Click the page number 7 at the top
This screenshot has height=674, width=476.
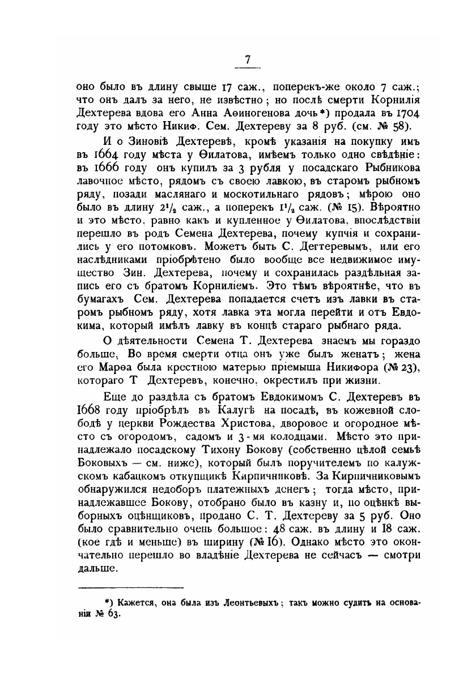click(x=246, y=59)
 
